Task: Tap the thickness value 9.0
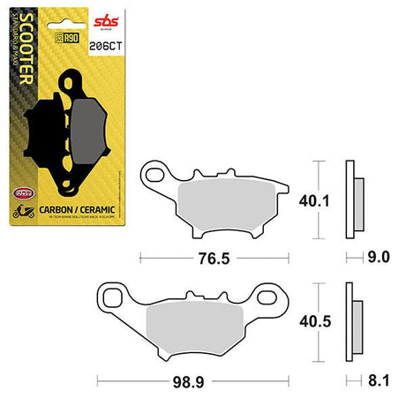pos(378,259)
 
